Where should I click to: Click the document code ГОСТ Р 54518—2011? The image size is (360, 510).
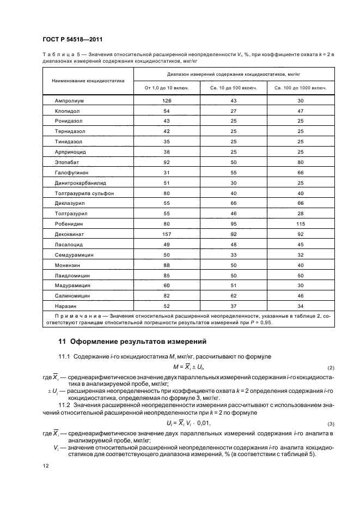point(72,40)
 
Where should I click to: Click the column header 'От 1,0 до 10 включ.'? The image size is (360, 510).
point(167,88)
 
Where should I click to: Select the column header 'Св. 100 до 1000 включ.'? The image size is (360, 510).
point(301,88)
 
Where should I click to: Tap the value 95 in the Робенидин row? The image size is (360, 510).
point(234,224)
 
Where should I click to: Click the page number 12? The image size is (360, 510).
point(45,466)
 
